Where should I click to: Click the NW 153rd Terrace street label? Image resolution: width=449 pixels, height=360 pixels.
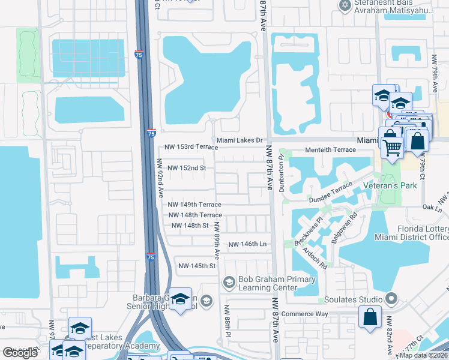(191, 148)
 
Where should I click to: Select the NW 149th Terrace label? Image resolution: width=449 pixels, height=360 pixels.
(195, 205)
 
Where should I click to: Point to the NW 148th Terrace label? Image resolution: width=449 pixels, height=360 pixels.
(195, 215)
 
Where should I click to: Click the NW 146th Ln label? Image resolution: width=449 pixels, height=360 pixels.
(247, 244)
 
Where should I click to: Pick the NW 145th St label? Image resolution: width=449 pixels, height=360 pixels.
(197, 266)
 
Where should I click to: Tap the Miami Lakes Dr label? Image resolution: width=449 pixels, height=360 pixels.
(240, 140)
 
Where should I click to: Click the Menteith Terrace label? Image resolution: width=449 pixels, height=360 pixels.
(331, 149)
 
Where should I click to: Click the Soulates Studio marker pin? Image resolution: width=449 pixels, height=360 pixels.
(391, 298)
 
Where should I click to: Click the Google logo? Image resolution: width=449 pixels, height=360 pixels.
(20, 353)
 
